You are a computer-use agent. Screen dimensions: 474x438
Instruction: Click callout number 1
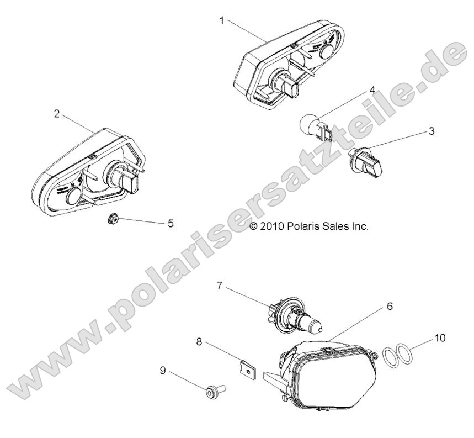coord(221,20)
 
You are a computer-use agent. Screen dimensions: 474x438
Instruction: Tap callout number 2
coord(57,114)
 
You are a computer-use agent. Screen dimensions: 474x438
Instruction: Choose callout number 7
coord(219,286)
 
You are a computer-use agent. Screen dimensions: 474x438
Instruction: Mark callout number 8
coord(199,342)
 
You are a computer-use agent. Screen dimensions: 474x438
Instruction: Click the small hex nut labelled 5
coord(110,219)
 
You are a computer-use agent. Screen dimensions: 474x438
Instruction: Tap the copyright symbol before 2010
coord(254,226)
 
